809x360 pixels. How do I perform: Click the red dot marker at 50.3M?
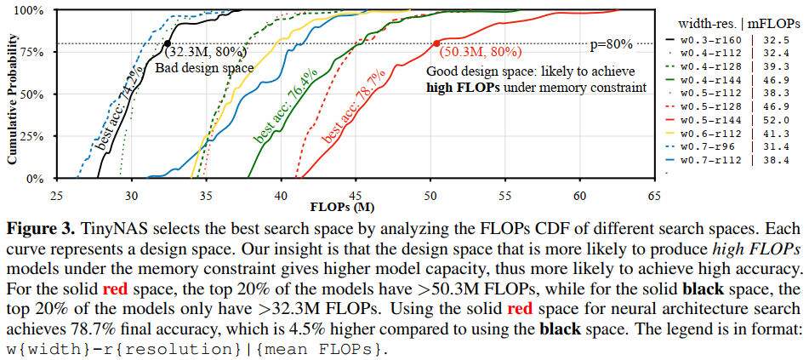(x=436, y=43)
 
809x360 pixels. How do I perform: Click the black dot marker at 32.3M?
(x=167, y=43)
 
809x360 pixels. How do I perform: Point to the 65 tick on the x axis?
(x=654, y=196)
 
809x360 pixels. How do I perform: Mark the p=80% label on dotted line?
(x=611, y=44)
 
